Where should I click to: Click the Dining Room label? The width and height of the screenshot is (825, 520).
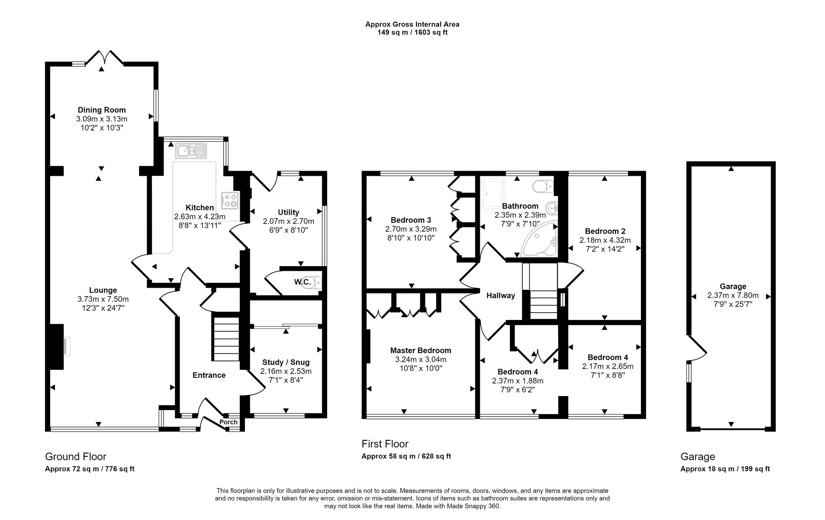[102, 110]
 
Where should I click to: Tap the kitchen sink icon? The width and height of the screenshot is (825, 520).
[191, 151]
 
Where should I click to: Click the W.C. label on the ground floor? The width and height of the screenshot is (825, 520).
[302, 282]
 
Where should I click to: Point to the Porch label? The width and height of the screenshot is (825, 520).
[228, 422]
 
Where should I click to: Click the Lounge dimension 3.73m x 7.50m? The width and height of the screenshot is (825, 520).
[103, 299]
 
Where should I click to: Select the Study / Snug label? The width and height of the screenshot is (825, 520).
[286, 362]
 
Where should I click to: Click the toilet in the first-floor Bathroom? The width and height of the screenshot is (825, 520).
[542, 186]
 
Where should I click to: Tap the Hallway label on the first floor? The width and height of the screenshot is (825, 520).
[501, 295]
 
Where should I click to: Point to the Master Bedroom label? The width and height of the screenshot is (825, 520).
[421, 351]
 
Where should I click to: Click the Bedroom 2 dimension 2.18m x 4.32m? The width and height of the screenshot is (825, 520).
[605, 240]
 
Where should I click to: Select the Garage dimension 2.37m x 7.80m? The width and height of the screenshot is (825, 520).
[733, 295]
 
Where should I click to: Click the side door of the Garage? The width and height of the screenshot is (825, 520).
[698, 348]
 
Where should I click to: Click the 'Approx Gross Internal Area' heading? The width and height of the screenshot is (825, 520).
[412, 24]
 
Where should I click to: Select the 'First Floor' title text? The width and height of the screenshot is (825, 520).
[385, 444]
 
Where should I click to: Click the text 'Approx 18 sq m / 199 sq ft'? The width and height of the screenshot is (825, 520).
[725, 469]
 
